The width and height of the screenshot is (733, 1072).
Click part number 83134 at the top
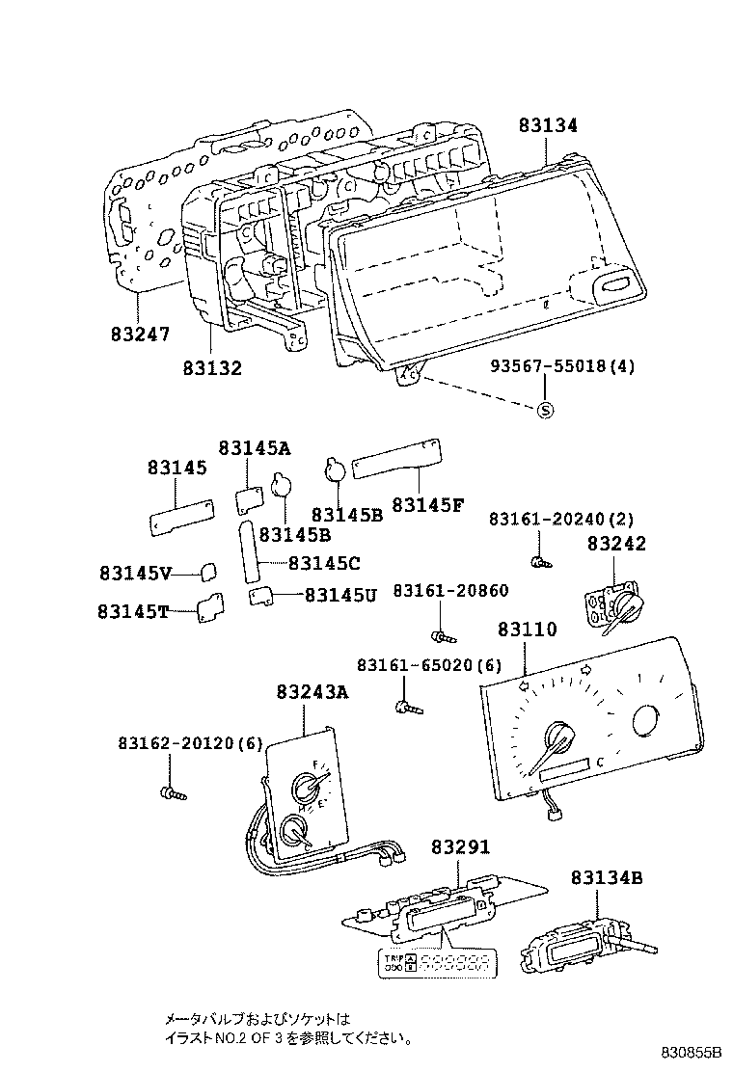pos(548,126)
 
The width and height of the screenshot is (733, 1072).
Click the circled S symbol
pos(545,410)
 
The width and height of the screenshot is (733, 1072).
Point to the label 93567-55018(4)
pos(562,367)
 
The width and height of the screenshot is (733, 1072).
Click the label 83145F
pos(427,504)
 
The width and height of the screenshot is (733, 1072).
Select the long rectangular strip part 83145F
pos(397,455)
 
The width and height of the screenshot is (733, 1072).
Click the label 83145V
pos(135,573)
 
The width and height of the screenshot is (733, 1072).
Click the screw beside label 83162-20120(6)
pos(172,792)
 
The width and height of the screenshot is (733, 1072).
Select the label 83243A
pos(312,692)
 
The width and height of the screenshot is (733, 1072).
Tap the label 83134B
pos(606,877)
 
